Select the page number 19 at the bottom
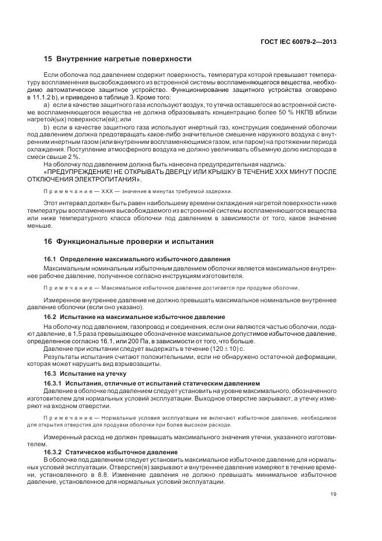pyautogui.click(x=333, y=494)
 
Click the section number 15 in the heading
pyautogui.click(x=48, y=59)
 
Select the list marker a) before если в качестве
pyautogui.click(x=47, y=103)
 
